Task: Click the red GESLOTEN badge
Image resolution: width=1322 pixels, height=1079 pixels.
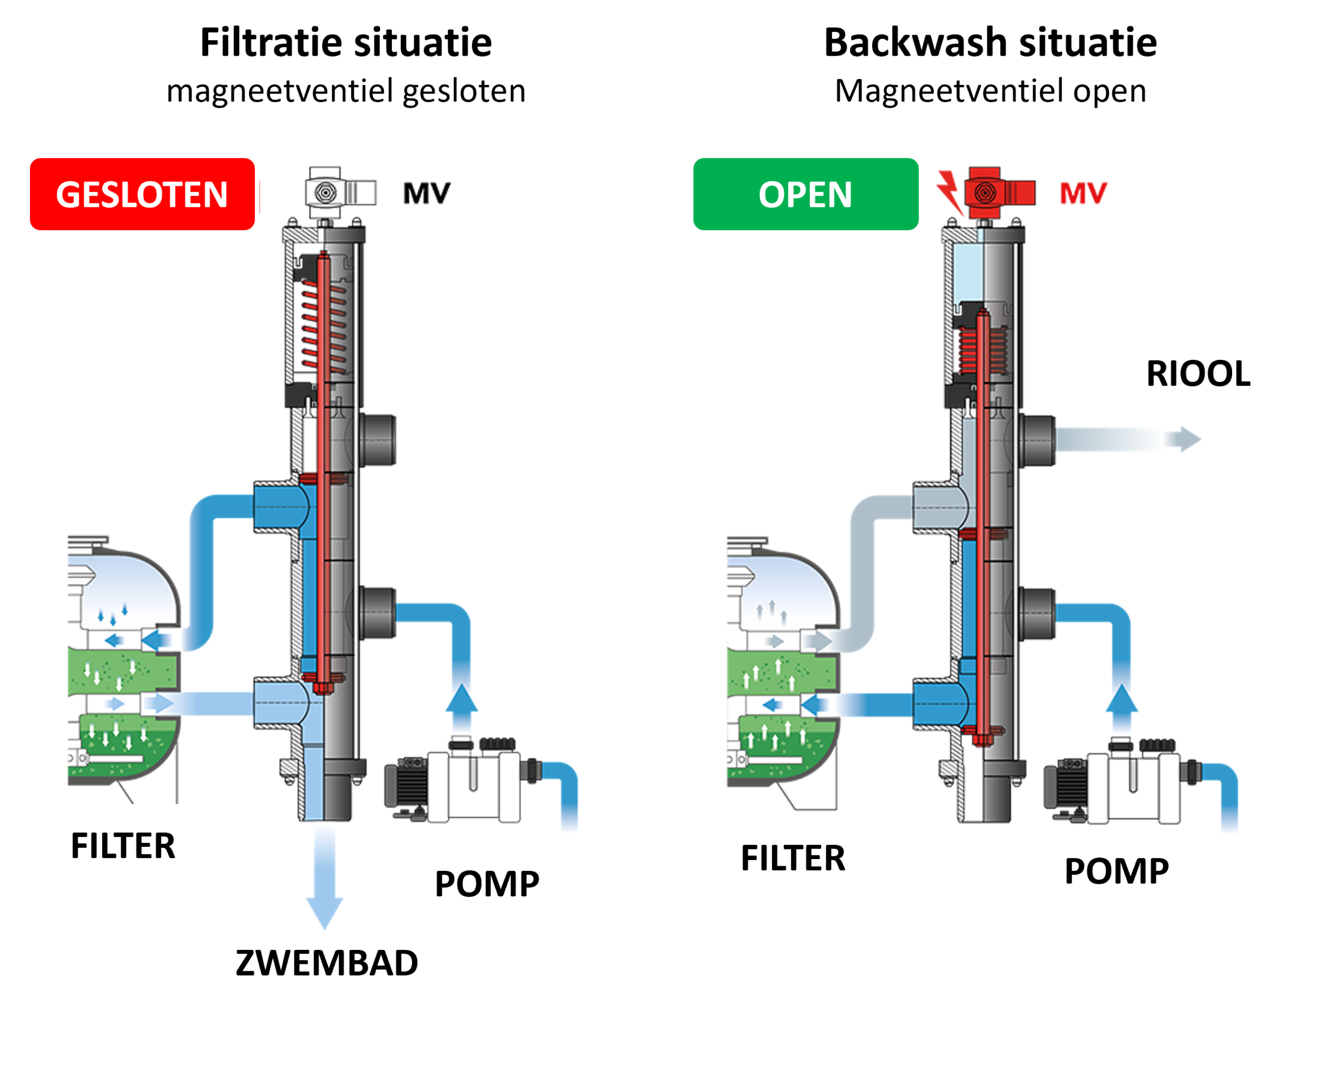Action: [x=143, y=194]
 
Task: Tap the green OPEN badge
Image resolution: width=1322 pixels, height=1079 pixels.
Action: [x=806, y=194]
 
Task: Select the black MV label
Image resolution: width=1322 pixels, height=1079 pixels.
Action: [x=427, y=193]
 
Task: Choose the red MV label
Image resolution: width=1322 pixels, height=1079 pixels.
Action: [x=1083, y=193]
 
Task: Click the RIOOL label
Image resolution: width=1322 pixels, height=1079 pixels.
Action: [x=1198, y=374]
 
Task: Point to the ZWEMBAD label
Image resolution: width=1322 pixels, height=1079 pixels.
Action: [x=326, y=963]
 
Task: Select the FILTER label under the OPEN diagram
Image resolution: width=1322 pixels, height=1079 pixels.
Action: [x=793, y=859]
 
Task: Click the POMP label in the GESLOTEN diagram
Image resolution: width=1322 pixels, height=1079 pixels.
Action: [x=486, y=883]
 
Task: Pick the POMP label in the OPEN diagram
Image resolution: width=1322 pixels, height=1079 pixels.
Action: [x=1116, y=871]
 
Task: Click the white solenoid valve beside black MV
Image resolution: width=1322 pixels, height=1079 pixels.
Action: [x=339, y=193]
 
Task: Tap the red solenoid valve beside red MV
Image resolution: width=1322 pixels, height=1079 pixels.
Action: [x=997, y=193]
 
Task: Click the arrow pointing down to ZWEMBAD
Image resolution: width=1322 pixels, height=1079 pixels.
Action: [x=324, y=883]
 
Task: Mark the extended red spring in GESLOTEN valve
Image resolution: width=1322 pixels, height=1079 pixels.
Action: [x=324, y=326]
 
